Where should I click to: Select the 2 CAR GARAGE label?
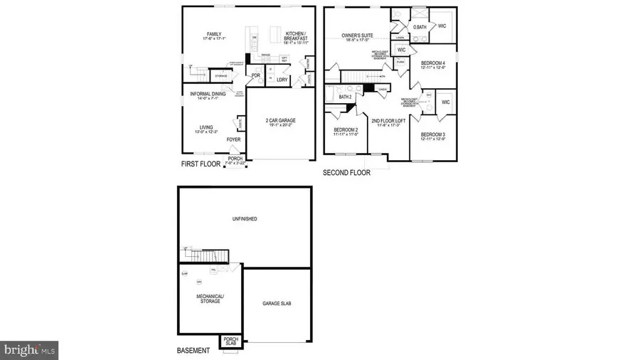(281, 121)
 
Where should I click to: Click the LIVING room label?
(206, 128)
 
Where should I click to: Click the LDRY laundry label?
(282, 79)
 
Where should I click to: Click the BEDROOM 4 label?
(432, 63)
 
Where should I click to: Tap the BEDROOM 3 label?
(432, 134)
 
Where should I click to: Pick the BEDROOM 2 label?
(346, 129)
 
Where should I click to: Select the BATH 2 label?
(346, 97)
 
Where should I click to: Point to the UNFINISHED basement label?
(244, 218)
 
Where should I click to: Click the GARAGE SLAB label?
(277, 303)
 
